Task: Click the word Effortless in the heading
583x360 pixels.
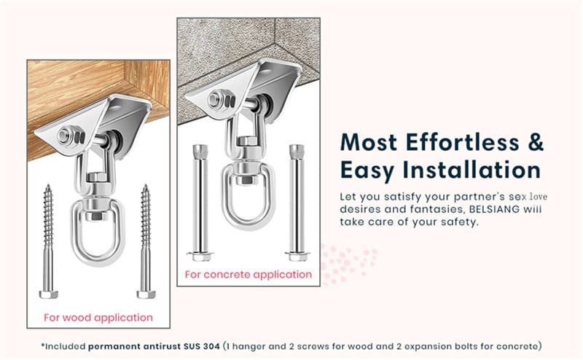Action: (453, 141)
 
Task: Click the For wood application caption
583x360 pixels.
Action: (98, 318)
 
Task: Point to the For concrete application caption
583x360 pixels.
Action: (248, 275)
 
